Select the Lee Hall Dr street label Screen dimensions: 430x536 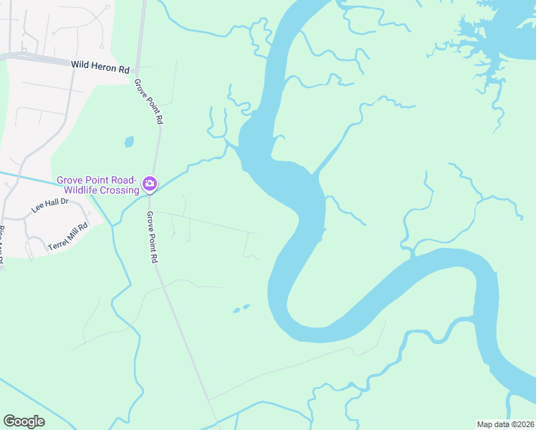coord(49,206)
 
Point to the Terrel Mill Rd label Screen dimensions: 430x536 coord(67,236)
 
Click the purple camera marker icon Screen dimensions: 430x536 coord(149,183)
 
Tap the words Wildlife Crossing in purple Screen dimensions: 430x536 coord(101,190)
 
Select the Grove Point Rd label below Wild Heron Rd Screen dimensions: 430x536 coord(148,102)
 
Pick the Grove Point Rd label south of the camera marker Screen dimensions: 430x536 coord(151,236)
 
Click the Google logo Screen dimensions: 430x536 coord(24,421)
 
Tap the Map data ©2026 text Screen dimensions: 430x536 coord(505,424)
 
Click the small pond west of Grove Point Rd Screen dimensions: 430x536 coord(129,141)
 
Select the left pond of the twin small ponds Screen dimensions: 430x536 coord(236,311)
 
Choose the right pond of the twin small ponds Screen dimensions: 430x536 coord(247,307)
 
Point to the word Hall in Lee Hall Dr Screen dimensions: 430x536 coord(49,206)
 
